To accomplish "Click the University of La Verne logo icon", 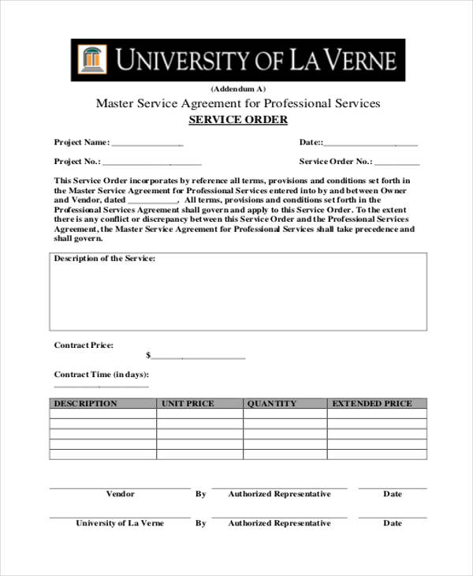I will [92, 60].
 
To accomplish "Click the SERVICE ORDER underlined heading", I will [238, 120].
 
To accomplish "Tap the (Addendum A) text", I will [238, 88].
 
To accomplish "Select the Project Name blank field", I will [147, 144].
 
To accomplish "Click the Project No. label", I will [77, 162].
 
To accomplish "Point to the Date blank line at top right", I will [371, 144].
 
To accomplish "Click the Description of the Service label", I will [104, 259].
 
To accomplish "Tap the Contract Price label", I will [84, 346].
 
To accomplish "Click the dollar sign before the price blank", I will [148, 356].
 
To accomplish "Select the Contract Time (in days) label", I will [101, 375].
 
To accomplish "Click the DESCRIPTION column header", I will [85, 403].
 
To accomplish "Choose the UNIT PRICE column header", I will [188, 403].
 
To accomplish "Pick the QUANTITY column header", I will [272, 403].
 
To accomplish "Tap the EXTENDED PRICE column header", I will [371, 403].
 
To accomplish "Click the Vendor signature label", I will [120, 494].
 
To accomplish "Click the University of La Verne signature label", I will [120, 523].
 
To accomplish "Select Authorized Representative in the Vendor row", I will [279, 494].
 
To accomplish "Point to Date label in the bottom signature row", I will [393, 523].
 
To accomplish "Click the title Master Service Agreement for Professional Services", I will [238, 103].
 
